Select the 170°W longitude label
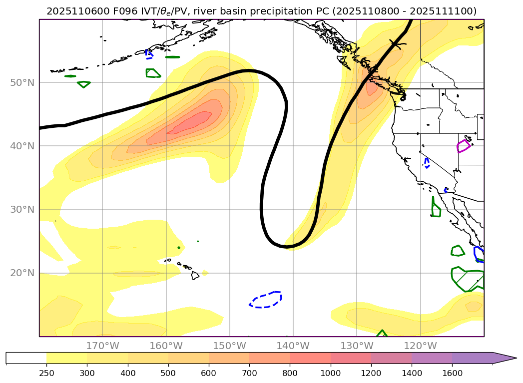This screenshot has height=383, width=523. pyautogui.click(x=102, y=346)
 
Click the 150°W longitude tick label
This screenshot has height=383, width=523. pyautogui.click(x=230, y=346)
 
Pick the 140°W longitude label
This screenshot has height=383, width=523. pyautogui.click(x=293, y=346)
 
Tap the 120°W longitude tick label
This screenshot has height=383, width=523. pyautogui.click(x=420, y=346)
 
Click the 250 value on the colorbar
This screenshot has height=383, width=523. pyautogui.click(x=46, y=372)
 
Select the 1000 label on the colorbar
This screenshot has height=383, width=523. pyautogui.click(x=330, y=372)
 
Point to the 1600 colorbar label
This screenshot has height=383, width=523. pyautogui.click(x=452, y=372)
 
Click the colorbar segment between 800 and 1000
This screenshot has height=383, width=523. pyautogui.click(x=310, y=358)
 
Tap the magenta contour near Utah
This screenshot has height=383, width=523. pyautogui.click(x=464, y=146)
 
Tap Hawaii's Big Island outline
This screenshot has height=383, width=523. pyautogui.click(x=195, y=275)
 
